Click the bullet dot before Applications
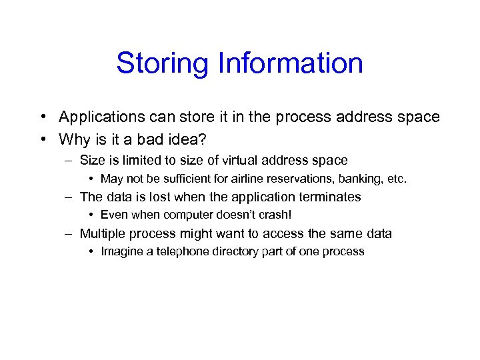pos(42,117)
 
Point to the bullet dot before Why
pos(42,139)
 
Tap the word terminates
pos(331,197)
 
